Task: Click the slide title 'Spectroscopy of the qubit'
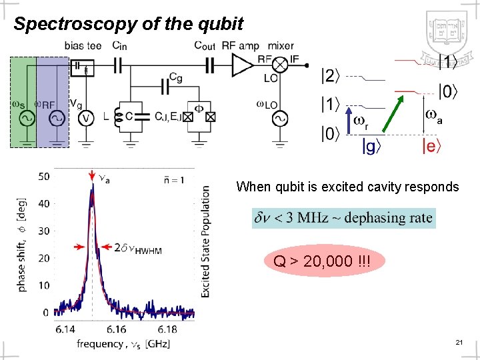(129, 24)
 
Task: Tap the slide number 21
(459, 342)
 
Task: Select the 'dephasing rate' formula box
(343, 217)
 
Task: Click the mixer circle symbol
(281, 65)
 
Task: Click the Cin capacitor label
(121, 46)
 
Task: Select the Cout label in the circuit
(205, 46)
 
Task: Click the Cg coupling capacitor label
(175, 77)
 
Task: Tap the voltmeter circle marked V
(85, 118)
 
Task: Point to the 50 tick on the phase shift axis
(43, 176)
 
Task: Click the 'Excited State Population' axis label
(205, 241)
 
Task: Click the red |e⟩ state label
(431, 145)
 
